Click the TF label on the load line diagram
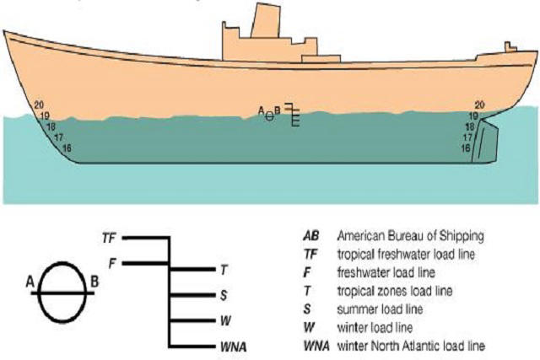(107, 239)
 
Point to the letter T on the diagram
(224, 270)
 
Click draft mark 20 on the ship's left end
(39, 105)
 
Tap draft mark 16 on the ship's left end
(67, 148)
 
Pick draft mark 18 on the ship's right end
(470, 126)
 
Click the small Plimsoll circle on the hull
(269, 115)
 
